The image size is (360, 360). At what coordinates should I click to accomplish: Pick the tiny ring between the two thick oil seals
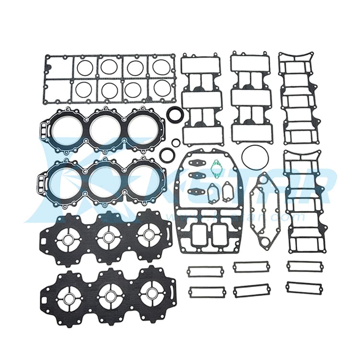pos(176,142)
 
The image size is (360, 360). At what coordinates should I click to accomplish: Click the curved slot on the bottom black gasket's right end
pos(169,291)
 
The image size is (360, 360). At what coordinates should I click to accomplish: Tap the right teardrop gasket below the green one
pos(227,192)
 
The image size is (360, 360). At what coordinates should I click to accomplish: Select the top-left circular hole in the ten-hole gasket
pos(85,67)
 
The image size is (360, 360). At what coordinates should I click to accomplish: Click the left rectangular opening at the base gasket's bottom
pos(199,232)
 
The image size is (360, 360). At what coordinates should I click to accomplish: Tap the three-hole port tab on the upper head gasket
pos(46,130)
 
